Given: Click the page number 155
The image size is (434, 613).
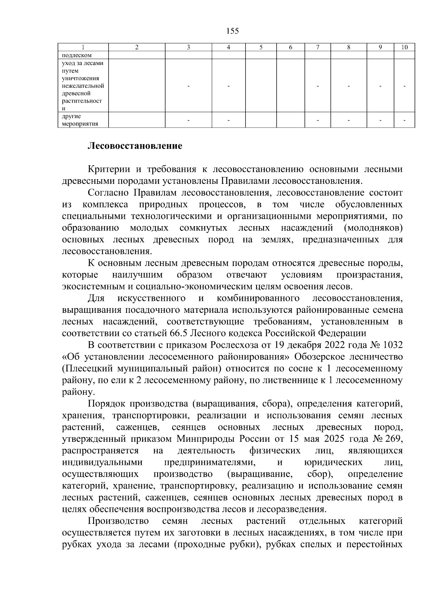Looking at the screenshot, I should (x=233, y=31).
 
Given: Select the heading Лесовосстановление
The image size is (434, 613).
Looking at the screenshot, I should (x=135, y=146).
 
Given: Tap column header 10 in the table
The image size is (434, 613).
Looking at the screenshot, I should (x=404, y=47).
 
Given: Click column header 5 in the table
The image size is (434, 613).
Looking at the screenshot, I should (x=261, y=47).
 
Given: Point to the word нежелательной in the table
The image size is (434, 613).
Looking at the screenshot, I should (x=83, y=86).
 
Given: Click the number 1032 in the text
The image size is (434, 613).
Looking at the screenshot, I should (x=392, y=345).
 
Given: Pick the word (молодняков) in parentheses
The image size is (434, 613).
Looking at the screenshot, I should (x=374, y=228).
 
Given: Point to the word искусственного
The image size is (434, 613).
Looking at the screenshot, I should (x=152, y=298).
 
